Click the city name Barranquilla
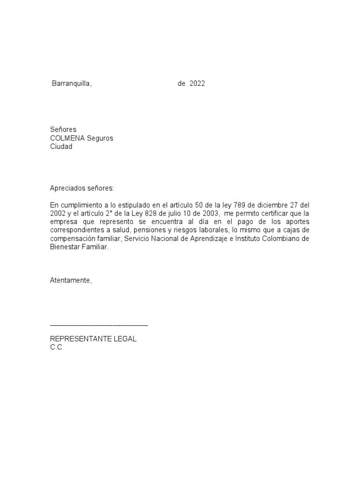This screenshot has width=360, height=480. pyautogui.click(x=71, y=84)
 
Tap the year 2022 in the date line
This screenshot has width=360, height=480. pyautogui.click(x=197, y=84)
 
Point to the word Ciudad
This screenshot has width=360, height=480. pyautogui.click(x=61, y=147)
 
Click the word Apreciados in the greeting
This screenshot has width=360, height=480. pyautogui.click(x=67, y=188)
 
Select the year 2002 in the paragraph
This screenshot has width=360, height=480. pyautogui.click(x=58, y=214)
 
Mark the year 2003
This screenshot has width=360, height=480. pyautogui.click(x=210, y=214)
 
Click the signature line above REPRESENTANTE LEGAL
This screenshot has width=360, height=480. pyautogui.click(x=99, y=324)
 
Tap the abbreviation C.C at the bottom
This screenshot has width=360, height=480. pyautogui.click(x=56, y=347)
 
